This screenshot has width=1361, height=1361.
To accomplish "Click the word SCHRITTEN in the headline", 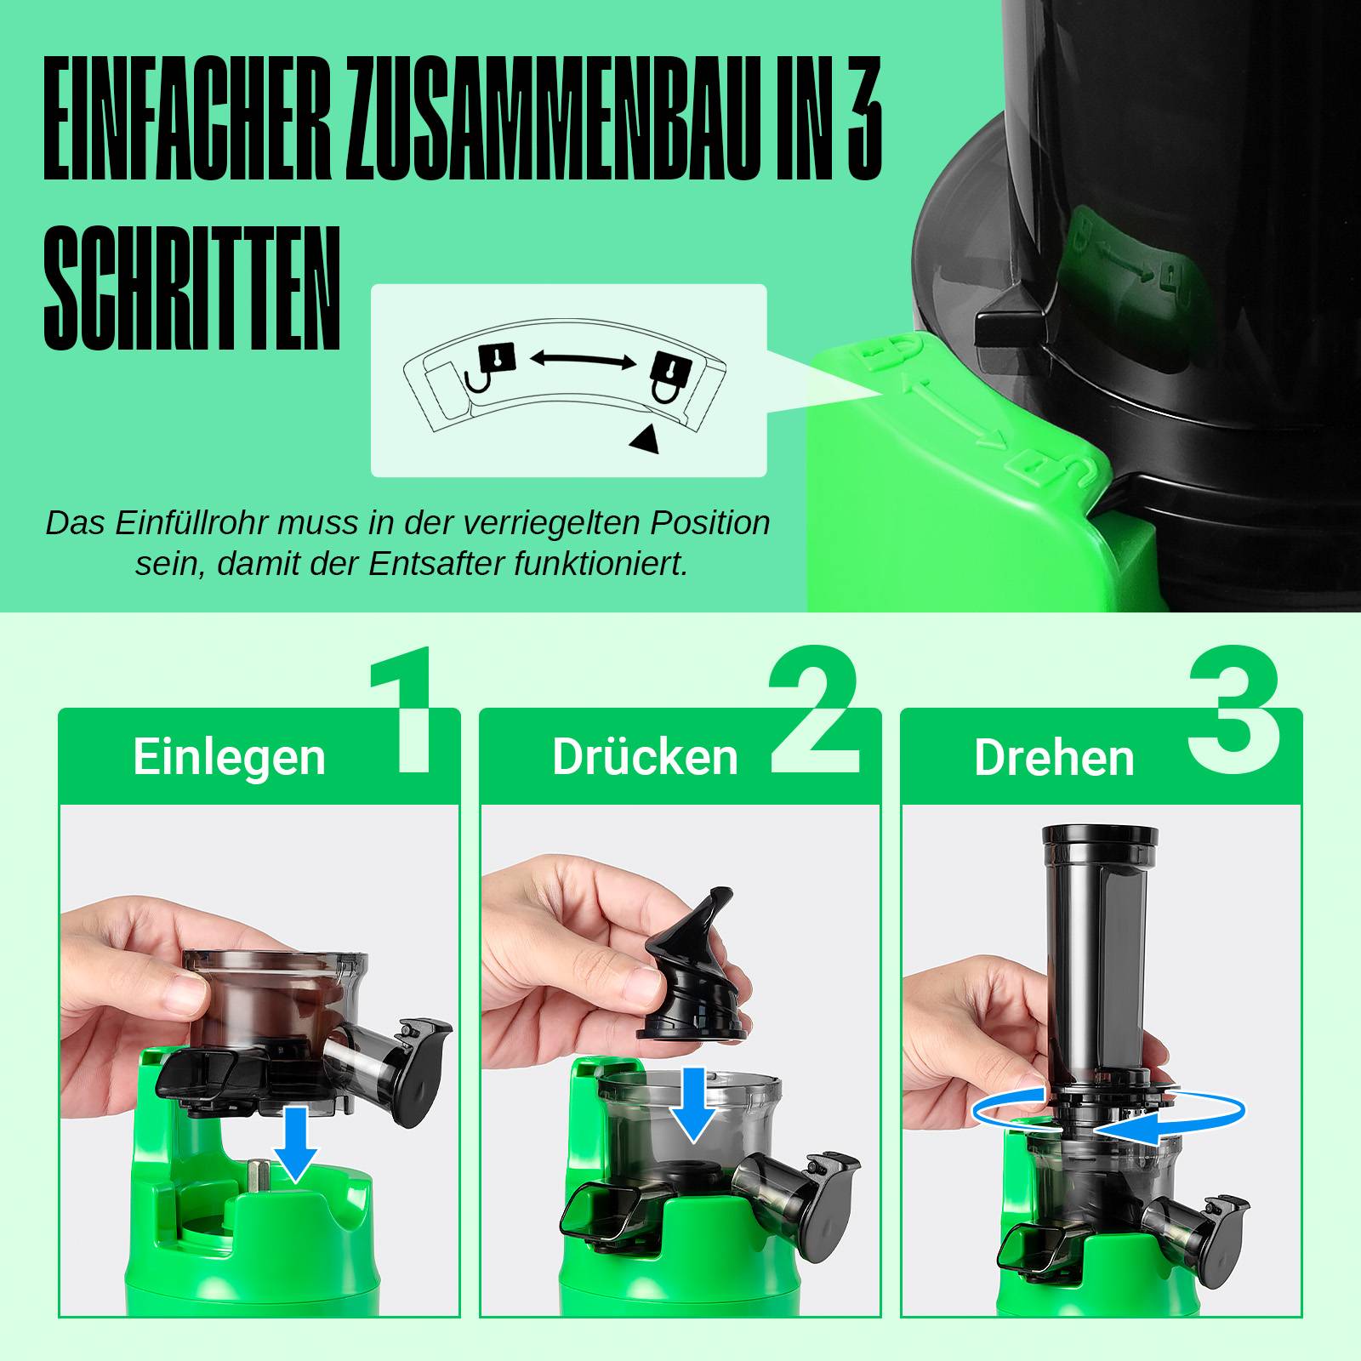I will (x=192, y=288).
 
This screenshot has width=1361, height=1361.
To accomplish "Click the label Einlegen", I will (x=229, y=757).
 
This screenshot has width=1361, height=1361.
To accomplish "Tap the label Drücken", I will (x=645, y=757).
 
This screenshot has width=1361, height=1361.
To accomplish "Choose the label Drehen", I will (x=1054, y=758).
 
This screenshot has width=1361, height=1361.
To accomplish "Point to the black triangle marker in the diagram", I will (x=645, y=438).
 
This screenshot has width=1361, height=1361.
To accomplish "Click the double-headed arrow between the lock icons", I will (x=583, y=360).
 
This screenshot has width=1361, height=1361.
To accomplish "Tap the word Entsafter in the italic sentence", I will (x=439, y=563).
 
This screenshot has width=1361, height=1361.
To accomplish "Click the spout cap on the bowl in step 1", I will (x=423, y=1063).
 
